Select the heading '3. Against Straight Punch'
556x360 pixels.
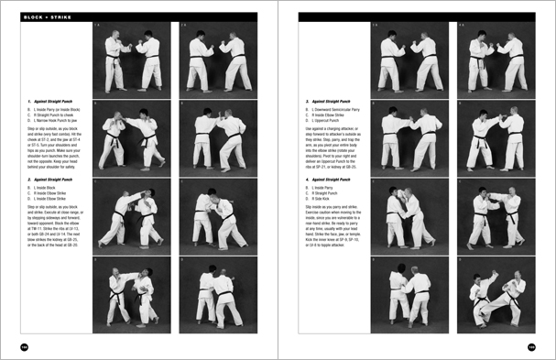coord(333,102)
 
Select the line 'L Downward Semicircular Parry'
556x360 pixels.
coord(338,110)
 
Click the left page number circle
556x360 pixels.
coord(24,346)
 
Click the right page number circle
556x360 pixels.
coord(531,346)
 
